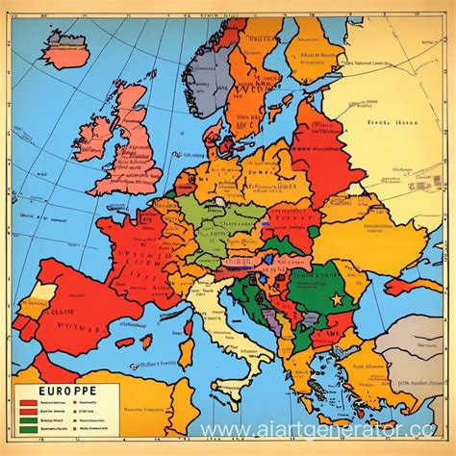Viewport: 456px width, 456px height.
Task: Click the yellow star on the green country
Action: tap(337, 300)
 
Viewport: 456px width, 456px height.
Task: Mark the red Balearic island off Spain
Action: tap(124, 342)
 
